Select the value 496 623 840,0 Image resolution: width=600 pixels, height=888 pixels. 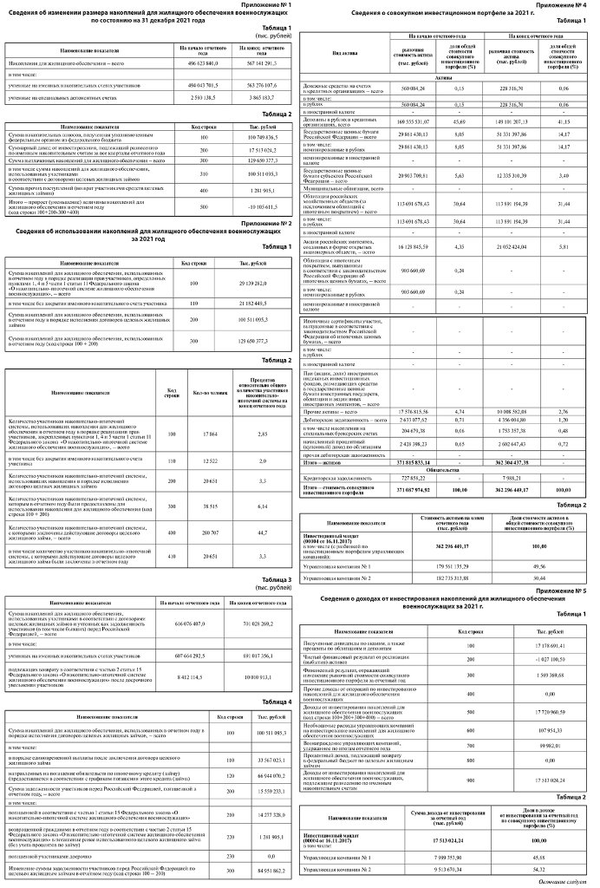tap(198, 63)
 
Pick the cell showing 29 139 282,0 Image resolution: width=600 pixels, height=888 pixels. tap(251, 283)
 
